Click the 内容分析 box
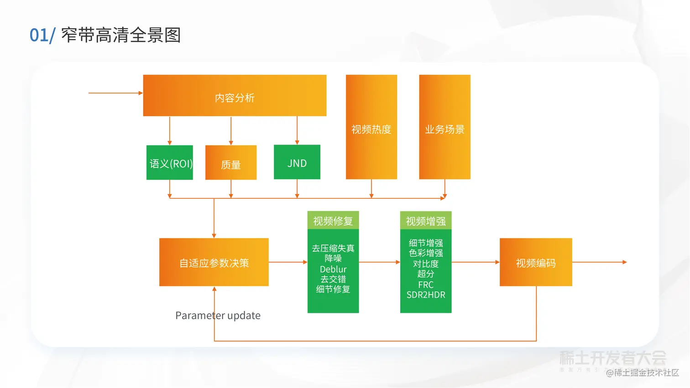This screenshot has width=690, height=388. click(x=235, y=96)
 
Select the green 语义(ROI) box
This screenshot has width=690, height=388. click(x=170, y=163)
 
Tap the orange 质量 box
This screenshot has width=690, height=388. click(x=231, y=163)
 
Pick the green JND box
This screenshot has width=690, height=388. click(x=297, y=162)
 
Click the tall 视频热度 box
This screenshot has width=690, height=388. click(x=371, y=127)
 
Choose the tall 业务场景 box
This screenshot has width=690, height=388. click(x=444, y=127)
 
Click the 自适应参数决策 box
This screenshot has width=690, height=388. click(x=214, y=262)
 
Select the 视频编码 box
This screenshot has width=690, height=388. click(x=536, y=262)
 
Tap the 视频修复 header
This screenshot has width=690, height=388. click(x=333, y=221)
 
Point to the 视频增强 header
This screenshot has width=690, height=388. click(x=426, y=221)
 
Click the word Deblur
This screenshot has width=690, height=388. click(x=333, y=269)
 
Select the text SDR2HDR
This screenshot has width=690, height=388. click(x=426, y=295)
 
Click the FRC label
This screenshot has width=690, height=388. click(x=426, y=285)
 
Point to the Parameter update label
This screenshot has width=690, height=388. click(x=218, y=316)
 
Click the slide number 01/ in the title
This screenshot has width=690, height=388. click(x=42, y=35)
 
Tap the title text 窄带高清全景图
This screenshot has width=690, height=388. click(x=121, y=35)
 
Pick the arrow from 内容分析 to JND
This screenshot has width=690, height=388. click(x=297, y=130)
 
